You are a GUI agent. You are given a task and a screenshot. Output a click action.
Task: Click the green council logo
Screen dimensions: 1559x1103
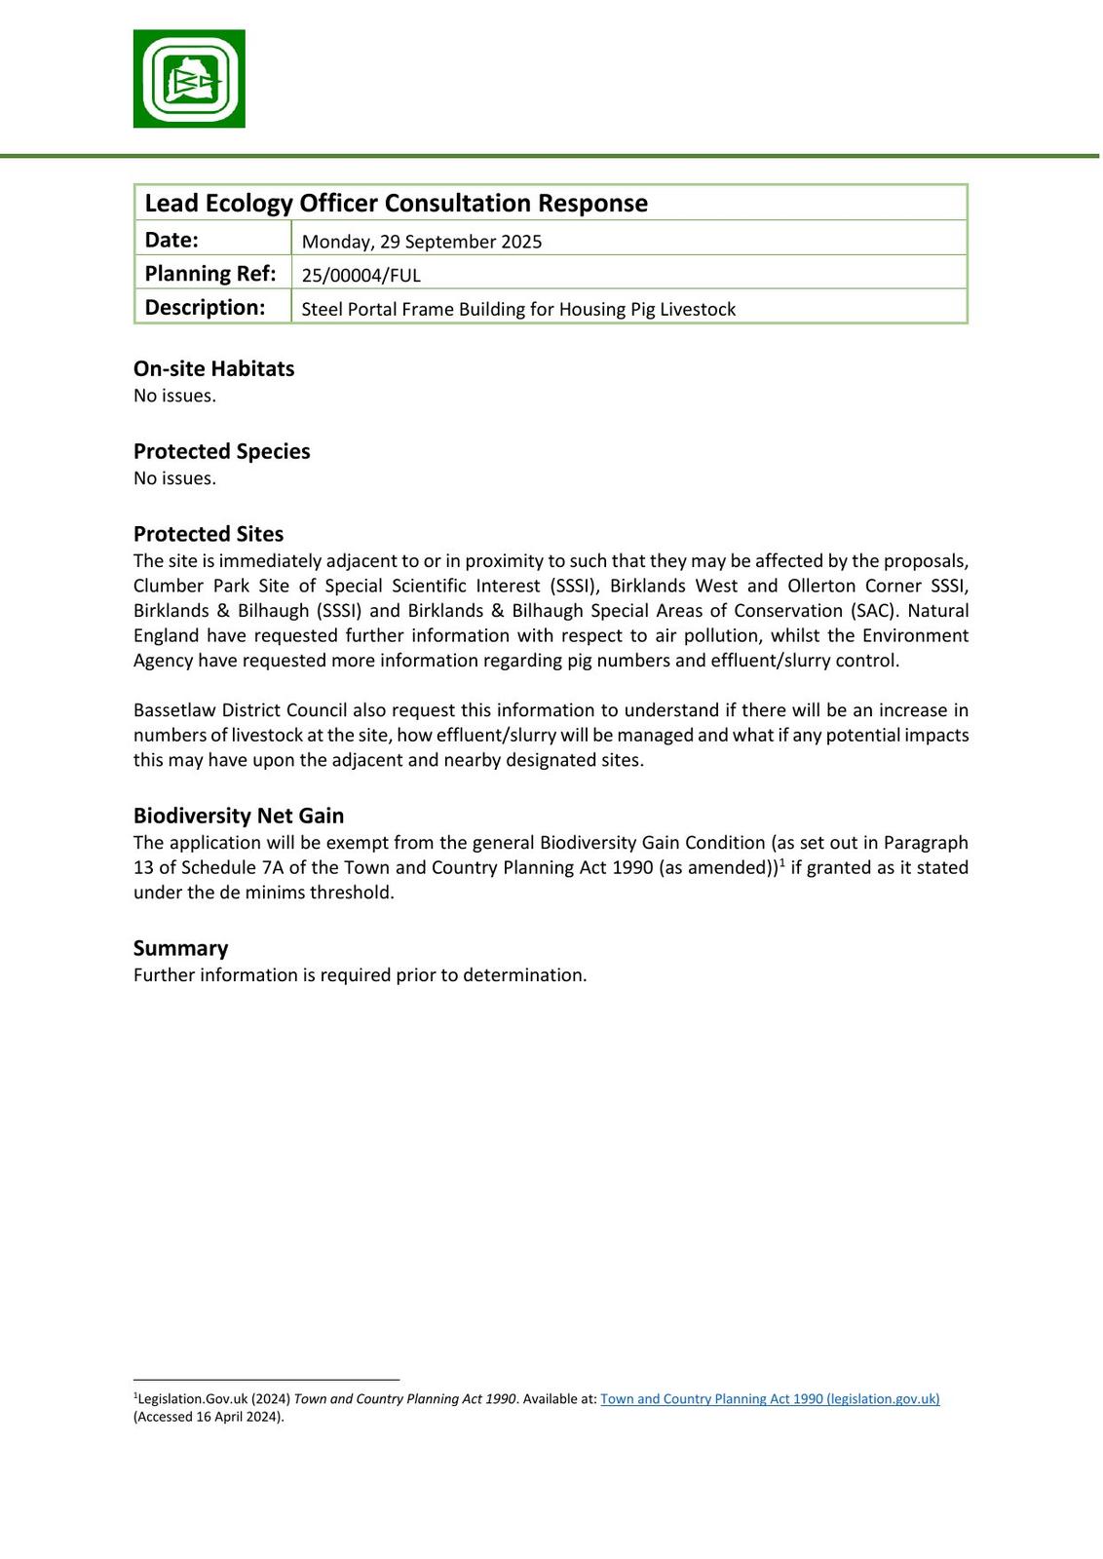coord(189,79)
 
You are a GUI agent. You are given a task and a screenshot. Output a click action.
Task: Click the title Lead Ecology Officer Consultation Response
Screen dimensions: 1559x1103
coord(396,203)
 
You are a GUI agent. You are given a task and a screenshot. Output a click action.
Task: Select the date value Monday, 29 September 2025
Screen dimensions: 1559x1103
coord(421,242)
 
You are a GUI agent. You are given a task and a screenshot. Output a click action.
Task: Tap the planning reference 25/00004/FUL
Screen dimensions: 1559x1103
coord(361,276)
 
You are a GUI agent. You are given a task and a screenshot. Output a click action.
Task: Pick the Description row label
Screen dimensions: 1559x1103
coord(205,308)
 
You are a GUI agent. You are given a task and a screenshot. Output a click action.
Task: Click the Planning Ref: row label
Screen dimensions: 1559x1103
coord(209,274)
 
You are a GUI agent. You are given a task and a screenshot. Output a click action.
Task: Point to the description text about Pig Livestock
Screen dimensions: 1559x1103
coord(517,310)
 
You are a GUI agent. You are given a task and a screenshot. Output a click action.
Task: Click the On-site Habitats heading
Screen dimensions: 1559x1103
coord(213,368)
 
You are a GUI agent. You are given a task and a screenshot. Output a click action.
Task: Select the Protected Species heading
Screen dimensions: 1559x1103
coord(221,451)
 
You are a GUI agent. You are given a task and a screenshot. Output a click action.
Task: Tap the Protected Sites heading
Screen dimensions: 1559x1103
coord(209,534)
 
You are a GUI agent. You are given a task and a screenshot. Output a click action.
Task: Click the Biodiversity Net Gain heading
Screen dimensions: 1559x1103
coord(238,816)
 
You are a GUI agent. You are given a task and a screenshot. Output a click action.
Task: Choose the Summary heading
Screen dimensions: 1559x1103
coord(180,948)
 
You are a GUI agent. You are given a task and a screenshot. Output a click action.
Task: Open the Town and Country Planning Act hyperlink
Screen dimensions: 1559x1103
coord(769,1399)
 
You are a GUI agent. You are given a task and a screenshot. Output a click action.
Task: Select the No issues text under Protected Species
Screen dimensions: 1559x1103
coord(174,478)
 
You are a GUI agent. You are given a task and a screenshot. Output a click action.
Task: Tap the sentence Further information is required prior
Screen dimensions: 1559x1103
coord(360,975)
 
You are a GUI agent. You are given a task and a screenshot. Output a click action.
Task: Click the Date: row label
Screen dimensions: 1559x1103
coord(171,240)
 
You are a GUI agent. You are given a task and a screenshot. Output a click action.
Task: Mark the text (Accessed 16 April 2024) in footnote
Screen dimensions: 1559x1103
coord(209,1417)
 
